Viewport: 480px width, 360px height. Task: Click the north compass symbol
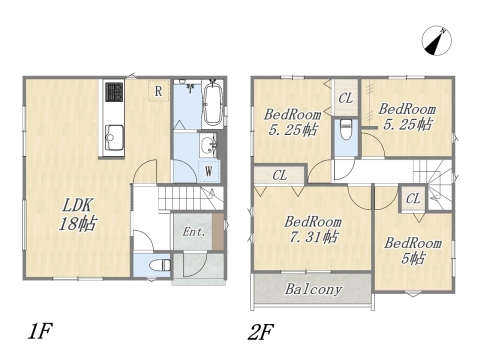tap(437, 41)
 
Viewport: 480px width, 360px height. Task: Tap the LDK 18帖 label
tap(78, 215)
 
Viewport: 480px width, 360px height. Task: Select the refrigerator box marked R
tap(158, 90)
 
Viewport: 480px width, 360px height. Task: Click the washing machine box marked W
tap(209, 171)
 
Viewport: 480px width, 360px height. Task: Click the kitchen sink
tap(114, 138)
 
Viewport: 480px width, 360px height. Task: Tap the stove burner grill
tap(114, 92)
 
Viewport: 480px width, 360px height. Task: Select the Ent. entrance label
tap(194, 232)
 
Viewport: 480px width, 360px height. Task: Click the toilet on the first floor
tap(160, 265)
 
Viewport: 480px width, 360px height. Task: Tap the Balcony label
tap(313, 289)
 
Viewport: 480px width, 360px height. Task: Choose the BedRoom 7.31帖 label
tap(312, 229)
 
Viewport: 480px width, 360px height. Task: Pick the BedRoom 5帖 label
tap(413, 250)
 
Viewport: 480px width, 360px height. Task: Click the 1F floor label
tap(40, 331)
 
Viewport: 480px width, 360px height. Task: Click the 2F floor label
tap(260, 332)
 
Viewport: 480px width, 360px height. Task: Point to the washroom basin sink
tap(209, 145)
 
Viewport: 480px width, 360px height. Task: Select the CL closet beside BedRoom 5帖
tap(413, 199)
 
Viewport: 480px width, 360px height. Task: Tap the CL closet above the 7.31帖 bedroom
tap(279, 175)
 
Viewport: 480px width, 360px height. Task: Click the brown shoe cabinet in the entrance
tap(218, 232)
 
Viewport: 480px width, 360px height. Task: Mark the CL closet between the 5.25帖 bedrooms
tap(346, 98)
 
